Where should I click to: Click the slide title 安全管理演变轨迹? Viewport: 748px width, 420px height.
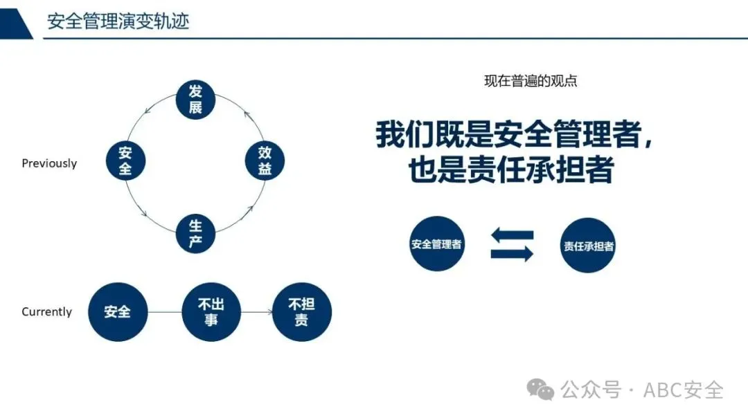pos(118,21)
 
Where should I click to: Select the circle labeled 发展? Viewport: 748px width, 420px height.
pos(195,99)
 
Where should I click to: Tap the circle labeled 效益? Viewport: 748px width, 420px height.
pos(265,161)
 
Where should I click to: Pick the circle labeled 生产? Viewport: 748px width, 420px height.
pos(195,234)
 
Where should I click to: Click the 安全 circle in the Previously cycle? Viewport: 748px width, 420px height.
pos(125,161)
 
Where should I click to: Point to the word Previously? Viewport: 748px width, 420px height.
pos(49,164)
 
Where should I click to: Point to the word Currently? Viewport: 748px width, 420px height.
pos(46,312)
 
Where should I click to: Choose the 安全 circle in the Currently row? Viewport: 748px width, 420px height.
pos(117,312)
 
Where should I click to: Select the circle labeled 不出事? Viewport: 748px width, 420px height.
pos(211,312)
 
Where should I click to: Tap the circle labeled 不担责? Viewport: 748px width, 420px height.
pos(301,312)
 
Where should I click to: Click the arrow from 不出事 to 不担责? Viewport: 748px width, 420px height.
pos(256,312)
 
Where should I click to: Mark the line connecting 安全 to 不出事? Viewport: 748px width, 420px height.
pos(164,312)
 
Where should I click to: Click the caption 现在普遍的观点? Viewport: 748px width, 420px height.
pos(531,81)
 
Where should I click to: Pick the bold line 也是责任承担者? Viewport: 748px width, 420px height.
pos(511,170)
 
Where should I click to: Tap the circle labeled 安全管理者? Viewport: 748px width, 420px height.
pos(436,244)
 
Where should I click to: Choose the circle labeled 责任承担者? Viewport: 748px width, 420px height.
pos(588,246)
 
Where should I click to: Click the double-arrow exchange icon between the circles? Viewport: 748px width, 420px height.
pos(512,245)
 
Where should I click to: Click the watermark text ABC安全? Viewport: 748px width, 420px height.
pos(683,390)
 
